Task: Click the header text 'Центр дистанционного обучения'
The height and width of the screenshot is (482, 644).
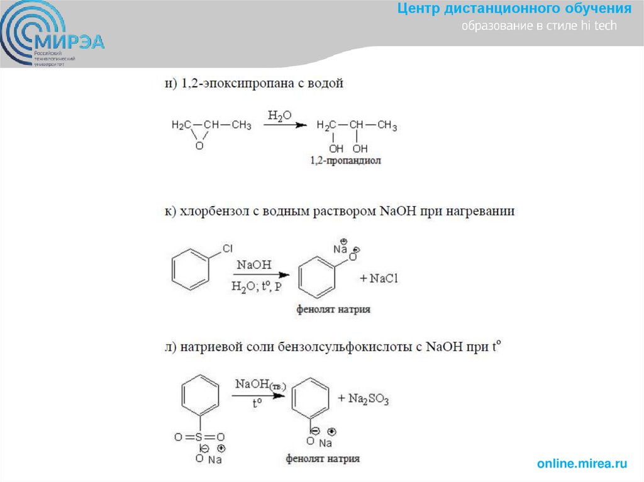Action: click(x=514, y=9)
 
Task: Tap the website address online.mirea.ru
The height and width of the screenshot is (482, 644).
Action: click(x=582, y=464)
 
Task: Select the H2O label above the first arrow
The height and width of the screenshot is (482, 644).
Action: click(x=280, y=116)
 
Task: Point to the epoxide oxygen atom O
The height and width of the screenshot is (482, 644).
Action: click(x=199, y=146)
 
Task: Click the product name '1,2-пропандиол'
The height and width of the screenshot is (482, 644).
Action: click(x=346, y=162)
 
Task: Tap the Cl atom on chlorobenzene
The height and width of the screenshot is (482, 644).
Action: click(x=228, y=249)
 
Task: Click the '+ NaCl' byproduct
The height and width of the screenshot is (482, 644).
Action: click(x=379, y=278)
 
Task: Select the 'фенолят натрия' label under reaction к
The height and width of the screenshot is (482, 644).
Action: click(x=334, y=309)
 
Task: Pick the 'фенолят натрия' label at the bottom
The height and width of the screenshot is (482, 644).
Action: click(x=323, y=459)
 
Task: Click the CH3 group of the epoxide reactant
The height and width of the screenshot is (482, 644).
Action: click(x=241, y=125)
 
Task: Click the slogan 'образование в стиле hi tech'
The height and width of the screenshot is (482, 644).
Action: click(x=540, y=26)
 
